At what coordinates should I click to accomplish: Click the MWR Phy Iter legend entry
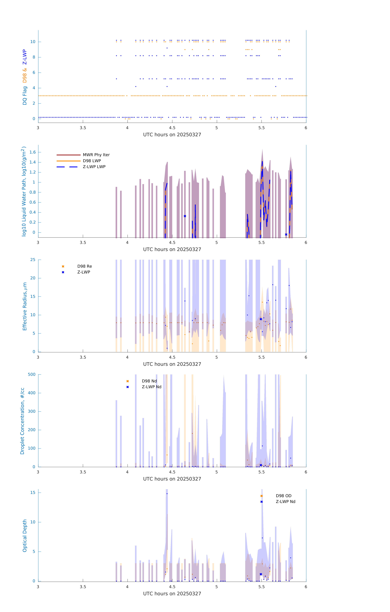click(96, 155)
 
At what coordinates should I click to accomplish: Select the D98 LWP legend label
click(92, 161)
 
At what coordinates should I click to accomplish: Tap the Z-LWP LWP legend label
click(94, 167)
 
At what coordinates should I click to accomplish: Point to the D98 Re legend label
click(85, 266)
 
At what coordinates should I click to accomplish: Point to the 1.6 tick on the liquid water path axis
click(33, 152)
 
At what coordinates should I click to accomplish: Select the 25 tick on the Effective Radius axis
click(33, 260)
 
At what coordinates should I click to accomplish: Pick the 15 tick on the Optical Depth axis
click(33, 493)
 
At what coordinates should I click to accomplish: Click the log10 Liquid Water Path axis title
click(24, 191)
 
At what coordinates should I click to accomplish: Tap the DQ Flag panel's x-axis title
click(172, 135)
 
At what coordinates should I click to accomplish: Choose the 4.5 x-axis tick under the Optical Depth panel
click(172, 587)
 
